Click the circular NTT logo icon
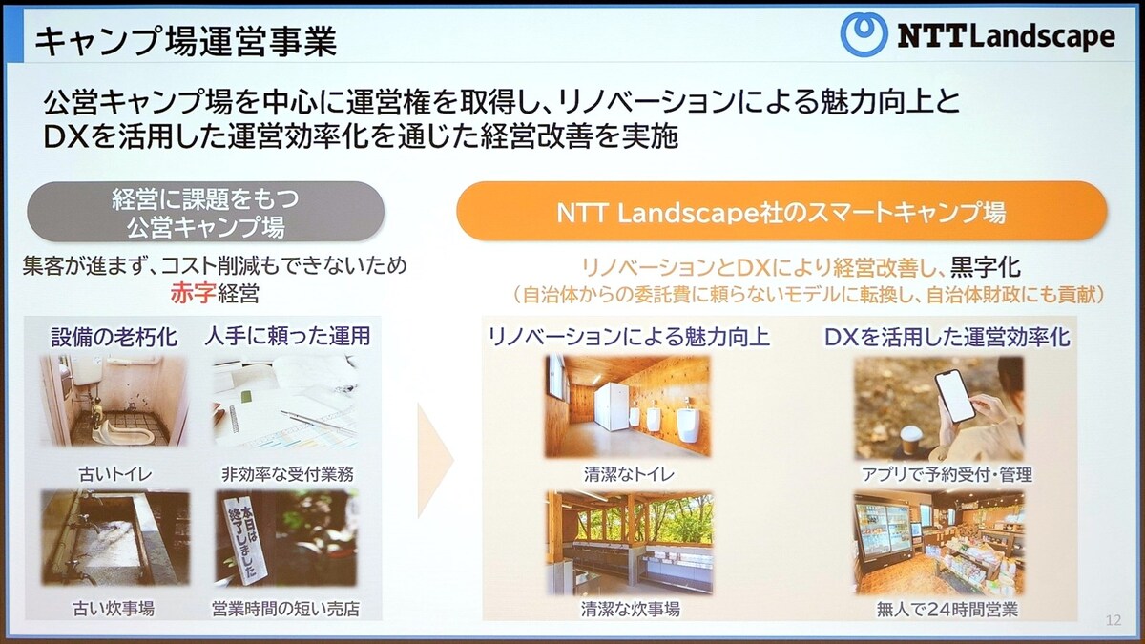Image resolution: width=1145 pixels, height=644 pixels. point(864,34)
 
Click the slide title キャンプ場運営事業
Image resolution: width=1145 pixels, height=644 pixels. point(186,41)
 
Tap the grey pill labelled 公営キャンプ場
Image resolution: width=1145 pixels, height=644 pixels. point(205,212)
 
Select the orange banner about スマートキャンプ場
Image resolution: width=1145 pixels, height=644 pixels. point(781,211)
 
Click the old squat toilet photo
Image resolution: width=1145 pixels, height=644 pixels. point(114,401)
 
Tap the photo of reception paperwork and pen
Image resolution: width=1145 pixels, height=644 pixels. point(285,403)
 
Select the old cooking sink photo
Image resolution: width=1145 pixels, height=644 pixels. point(115,538)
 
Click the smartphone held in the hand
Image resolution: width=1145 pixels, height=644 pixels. point(954,396)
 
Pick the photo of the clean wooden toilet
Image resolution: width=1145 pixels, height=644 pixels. point(627,405)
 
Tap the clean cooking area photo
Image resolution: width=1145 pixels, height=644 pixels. point(629,544)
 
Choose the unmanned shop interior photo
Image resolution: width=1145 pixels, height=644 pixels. point(940,544)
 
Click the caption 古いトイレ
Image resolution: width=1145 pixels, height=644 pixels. point(115,474)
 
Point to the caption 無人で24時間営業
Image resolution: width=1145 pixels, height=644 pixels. point(947,610)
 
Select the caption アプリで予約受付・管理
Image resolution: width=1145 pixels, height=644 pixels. point(947,475)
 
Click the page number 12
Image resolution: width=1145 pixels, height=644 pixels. point(1114,620)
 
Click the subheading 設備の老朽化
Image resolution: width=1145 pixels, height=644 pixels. point(114,337)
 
